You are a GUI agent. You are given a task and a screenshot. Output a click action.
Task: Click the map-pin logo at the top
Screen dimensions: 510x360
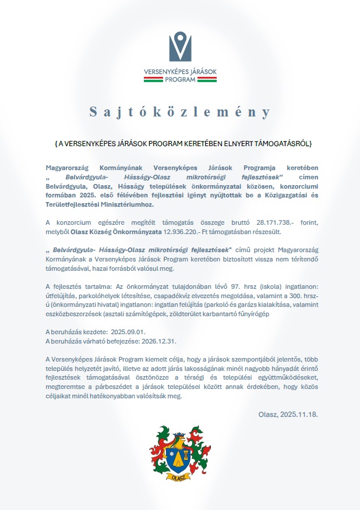click(179, 47)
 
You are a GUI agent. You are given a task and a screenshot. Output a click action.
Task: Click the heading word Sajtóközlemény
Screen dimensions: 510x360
click(180, 112)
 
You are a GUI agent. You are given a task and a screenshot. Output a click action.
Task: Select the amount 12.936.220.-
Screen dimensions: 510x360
click(183, 231)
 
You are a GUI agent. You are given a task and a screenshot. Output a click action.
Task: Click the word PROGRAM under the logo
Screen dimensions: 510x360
click(179, 80)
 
